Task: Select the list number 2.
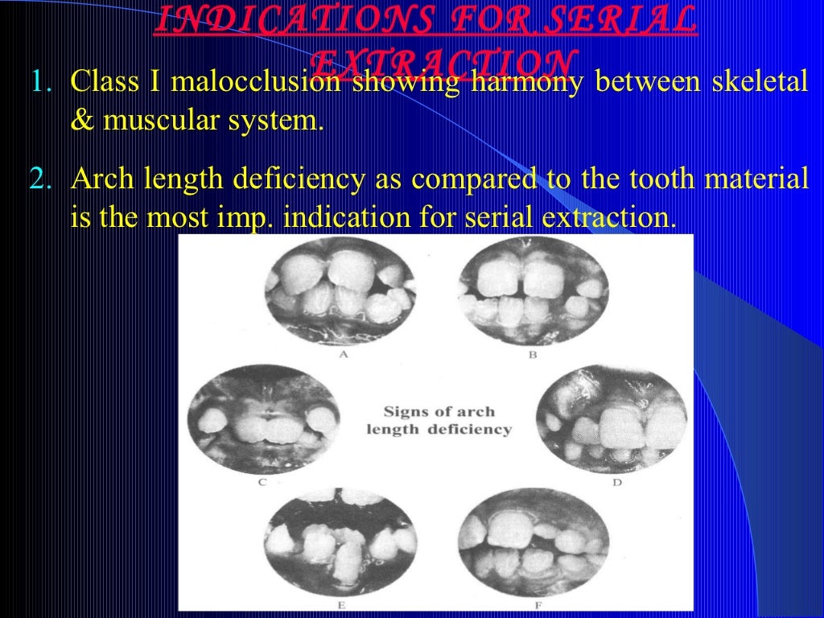[40, 179]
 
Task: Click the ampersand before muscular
[81, 123]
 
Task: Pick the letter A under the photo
[344, 353]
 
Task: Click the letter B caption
[532, 353]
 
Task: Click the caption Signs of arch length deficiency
[439, 420]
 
